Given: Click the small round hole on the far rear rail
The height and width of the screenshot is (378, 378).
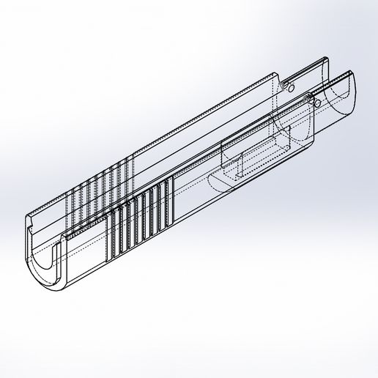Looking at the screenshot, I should (x=291, y=86).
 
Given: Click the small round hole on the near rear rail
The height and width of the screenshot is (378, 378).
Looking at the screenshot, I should (x=316, y=103).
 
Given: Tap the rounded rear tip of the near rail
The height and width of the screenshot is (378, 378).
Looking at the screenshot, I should (x=352, y=73).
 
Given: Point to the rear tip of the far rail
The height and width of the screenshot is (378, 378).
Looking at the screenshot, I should (x=325, y=59).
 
